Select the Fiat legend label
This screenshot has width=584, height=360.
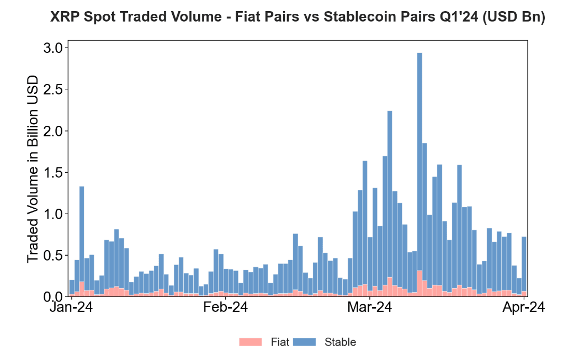[x=280, y=342]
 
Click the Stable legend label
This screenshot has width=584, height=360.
[x=340, y=342]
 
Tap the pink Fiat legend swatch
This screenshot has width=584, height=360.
[x=251, y=342]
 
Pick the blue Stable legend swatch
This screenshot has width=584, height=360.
[x=304, y=342]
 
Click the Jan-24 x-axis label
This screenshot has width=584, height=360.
[x=72, y=308]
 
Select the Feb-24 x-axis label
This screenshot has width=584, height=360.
[x=225, y=308]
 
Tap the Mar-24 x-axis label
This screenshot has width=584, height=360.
[x=369, y=308]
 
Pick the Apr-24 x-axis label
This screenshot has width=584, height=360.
[x=523, y=308]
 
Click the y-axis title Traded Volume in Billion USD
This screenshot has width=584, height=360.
[x=34, y=168]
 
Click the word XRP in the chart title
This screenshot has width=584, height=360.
[x=65, y=18]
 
